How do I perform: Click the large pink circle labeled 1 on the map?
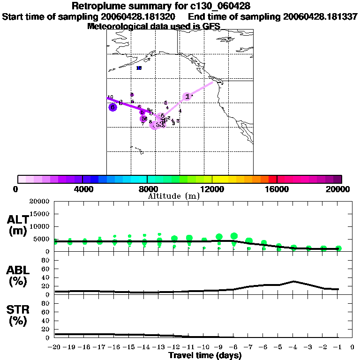click(187, 97)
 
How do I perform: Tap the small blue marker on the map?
click(139, 68)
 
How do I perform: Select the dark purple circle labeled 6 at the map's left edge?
click(112, 107)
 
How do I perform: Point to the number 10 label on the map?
click(110, 97)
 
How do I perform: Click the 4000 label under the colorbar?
click(82, 189)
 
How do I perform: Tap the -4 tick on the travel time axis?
click(293, 347)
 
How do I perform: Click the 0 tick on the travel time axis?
click(352, 347)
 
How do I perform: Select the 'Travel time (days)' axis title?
click(205, 355)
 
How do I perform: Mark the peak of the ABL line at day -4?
click(293, 281)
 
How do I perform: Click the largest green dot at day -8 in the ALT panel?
click(234, 236)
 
